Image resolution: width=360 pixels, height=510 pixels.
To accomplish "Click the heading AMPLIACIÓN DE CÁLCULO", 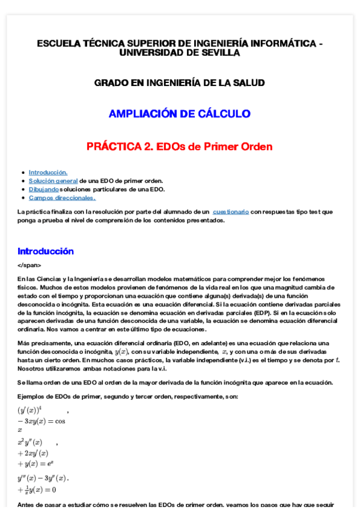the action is (x=179, y=114).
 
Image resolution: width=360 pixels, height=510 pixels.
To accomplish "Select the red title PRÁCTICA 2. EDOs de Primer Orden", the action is (x=179, y=146).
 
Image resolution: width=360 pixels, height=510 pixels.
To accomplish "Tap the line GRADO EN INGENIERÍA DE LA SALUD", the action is (x=179, y=82).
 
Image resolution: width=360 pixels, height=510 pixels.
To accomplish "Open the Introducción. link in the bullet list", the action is (x=48, y=172).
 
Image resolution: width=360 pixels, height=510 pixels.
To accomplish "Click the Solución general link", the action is (x=53, y=180).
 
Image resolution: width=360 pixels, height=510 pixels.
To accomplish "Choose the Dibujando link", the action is (x=44, y=189).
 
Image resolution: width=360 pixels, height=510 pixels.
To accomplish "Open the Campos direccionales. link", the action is (x=62, y=197).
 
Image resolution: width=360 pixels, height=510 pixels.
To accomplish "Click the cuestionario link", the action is (x=231, y=212).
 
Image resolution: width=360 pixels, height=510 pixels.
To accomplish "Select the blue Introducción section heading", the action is (x=46, y=251).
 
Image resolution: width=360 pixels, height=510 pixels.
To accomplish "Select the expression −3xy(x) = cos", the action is (x=41, y=421).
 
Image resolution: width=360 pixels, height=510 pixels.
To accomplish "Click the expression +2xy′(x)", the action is (x=33, y=453).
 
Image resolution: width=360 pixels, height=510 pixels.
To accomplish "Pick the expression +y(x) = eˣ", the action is (x=36, y=464).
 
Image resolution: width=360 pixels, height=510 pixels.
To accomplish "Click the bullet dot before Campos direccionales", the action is (x=22, y=197).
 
